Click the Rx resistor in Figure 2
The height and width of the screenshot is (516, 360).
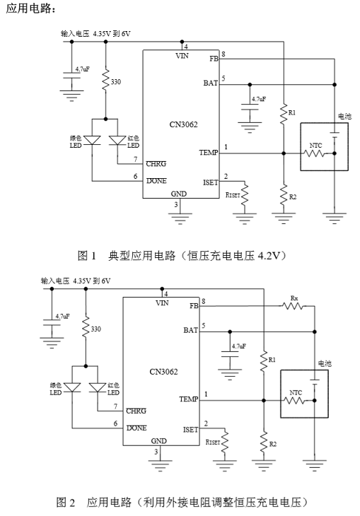[293, 306]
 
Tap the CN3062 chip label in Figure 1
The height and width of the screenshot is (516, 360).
[183, 124]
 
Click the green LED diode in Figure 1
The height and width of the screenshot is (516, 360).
[92, 141]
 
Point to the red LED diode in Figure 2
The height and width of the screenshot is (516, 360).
[98, 387]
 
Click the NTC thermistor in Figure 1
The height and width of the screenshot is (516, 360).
[314, 153]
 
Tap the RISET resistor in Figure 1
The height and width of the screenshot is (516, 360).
[245, 195]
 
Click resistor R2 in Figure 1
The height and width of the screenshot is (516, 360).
[284, 196]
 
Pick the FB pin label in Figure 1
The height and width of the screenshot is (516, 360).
[214, 59]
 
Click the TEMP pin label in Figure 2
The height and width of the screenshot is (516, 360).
[189, 399]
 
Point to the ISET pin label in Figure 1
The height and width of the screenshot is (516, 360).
[211, 182]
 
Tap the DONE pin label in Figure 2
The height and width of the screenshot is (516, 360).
[137, 428]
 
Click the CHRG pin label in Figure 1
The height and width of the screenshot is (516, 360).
[156, 163]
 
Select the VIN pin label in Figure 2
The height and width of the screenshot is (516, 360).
[162, 303]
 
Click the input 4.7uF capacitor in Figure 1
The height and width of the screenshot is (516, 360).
[71, 76]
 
